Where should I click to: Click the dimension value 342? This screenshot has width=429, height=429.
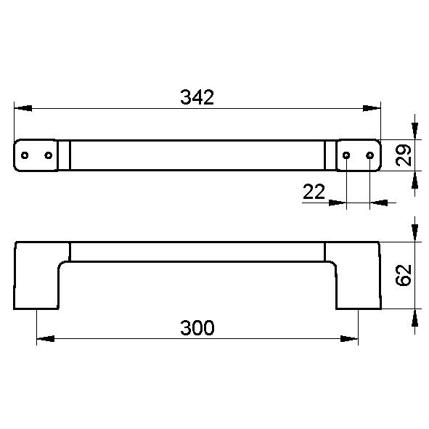coord(197,97)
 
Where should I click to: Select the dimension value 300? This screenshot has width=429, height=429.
coord(197,327)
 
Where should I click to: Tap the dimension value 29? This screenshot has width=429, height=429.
coord(404,155)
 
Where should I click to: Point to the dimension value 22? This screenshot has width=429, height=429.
coord(314,192)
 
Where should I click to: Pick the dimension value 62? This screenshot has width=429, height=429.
coord(404,275)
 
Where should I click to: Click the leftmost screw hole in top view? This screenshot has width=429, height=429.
coord(25,155)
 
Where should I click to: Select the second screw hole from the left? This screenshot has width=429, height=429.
coord(49,155)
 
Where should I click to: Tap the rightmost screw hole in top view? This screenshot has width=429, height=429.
coord(370,155)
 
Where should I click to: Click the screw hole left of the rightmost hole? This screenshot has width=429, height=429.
coord(346,155)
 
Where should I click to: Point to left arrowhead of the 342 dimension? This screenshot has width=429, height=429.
coord(23,108)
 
